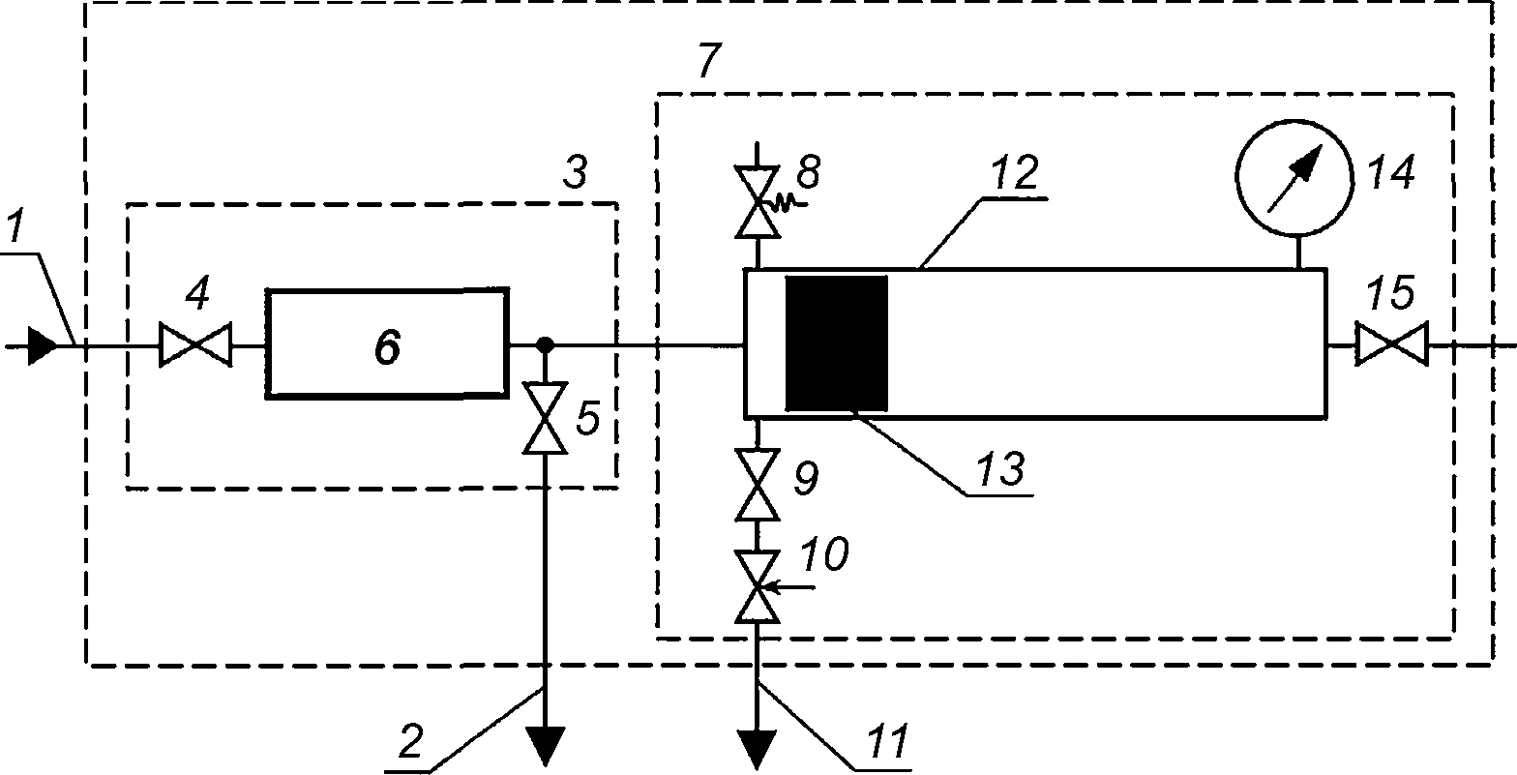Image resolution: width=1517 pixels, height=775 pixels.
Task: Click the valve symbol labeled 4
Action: [x=195, y=345]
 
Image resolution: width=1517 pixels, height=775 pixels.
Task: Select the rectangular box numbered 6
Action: [x=387, y=343]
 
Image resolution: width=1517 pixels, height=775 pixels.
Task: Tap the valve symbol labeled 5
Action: [x=545, y=418]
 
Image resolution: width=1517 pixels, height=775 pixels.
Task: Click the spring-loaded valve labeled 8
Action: [x=762, y=203]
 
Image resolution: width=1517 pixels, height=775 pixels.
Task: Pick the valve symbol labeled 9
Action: [x=758, y=485]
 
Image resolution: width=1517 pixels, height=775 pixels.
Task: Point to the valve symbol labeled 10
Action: [x=759, y=587]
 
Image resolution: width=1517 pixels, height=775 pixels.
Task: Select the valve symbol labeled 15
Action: [x=1391, y=344]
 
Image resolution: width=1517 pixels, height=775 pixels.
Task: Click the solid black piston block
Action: [x=836, y=343]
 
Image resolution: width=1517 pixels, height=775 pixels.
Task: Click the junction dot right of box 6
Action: [x=545, y=344]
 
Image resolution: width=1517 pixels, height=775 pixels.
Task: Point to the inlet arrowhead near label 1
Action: [x=42, y=346]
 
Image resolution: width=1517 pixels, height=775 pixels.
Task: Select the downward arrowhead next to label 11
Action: [x=758, y=750]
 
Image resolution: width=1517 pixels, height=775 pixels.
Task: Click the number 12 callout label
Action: [x=1014, y=173]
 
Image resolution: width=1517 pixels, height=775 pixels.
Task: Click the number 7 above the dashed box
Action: [x=709, y=60]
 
